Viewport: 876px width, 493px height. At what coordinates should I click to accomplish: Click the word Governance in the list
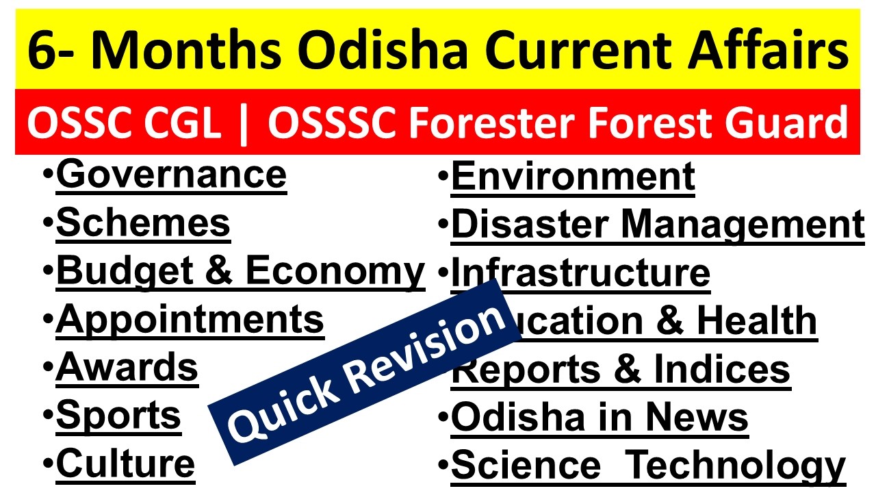tap(171, 175)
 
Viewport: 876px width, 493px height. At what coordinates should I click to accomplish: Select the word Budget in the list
tap(125, 272)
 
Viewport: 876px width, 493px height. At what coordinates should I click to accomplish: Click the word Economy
tap(335, 273)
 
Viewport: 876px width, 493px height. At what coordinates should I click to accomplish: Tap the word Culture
tap(125, 464)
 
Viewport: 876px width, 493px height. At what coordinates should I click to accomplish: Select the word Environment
tap(573, 177)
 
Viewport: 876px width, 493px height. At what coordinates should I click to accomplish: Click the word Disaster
tap(530, 224)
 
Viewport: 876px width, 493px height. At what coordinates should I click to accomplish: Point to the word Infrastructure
tap(581, 273)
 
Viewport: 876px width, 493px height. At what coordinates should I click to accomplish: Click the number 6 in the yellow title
tap(43, 50)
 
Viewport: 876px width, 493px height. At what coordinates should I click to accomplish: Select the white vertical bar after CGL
tap(244, 125)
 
